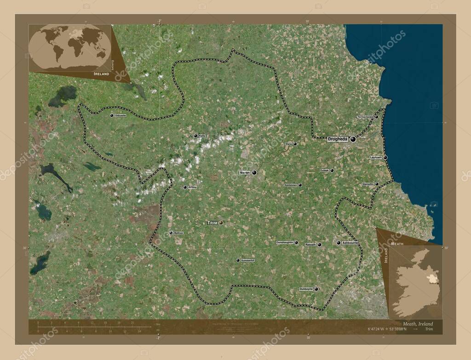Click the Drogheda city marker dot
point(353,139)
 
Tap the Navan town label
point(244,172)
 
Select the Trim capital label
point(212,223)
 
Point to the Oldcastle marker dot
point(112,115)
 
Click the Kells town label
point(202,136)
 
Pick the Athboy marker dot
point(185,187)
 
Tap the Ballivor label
point(178,233)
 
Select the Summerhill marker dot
point(238,260)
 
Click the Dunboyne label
point(306,289)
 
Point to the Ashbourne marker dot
point(339,242)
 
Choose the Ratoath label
point(311,245)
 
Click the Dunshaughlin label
point(285,242)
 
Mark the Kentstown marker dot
point(300,185)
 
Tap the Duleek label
point(324,170)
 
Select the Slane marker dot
point(295,143)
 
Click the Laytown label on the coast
point(376,157)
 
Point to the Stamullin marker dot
point(377,184)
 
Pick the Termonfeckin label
point(366,117)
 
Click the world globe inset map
point(70,47)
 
